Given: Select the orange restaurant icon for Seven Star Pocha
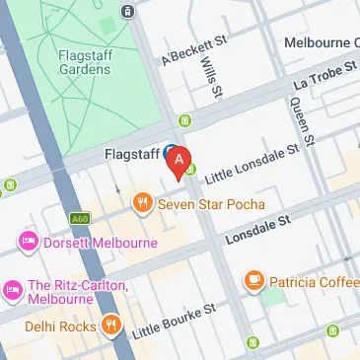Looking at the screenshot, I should (143, 204).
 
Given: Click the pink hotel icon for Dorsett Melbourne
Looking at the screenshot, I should (26, 242).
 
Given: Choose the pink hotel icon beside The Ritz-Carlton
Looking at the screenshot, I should (12, 287).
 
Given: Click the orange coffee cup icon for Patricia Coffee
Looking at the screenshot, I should (254, 281).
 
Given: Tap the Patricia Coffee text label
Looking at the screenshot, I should (315, 282).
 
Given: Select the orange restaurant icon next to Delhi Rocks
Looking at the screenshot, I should (110, 325).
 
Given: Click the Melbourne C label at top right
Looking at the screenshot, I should (320, 43).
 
